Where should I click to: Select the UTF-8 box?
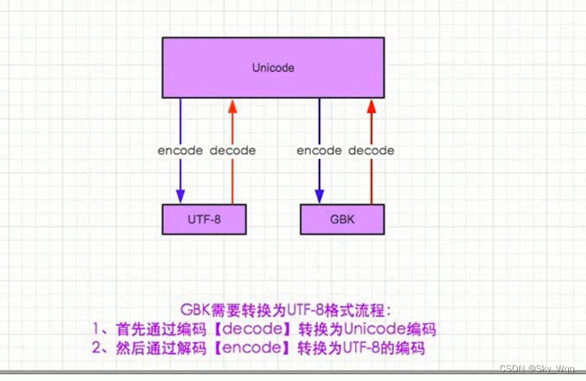(x=204, y=218)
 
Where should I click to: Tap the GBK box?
(x=342, y=218)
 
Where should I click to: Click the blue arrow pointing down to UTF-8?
(x=181, y=180)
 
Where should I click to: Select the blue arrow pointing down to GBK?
(x=319, y=180)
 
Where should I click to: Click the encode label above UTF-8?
(x=180, y=150)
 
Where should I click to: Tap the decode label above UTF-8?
(x=232, y=150)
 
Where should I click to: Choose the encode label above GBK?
(x=319, y=150)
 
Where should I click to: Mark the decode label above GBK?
(x=371, y=150)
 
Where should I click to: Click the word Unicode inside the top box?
(x=273, y=67)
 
